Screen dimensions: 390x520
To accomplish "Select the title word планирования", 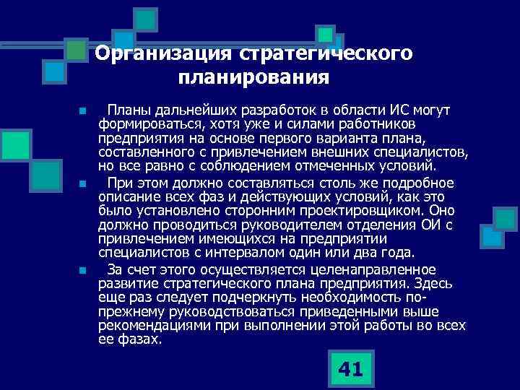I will coord(252,76).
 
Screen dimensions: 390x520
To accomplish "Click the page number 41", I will coord(350,370).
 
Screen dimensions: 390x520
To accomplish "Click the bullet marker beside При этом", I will coord(83,183).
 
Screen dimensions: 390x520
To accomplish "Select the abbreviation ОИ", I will coord(429,224).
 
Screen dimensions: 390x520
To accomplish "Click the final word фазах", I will coord(138,339).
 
